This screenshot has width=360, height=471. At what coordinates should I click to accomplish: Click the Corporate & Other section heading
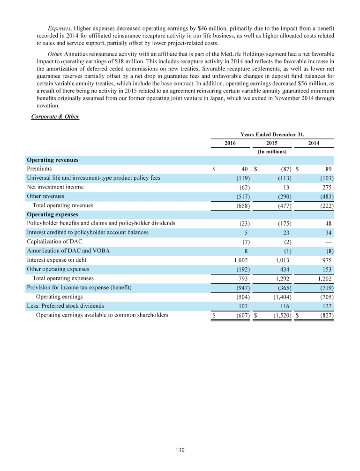[55, 117]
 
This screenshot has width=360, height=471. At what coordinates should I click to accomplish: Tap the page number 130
[180, 450]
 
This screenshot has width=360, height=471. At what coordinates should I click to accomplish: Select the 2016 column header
[231, 143]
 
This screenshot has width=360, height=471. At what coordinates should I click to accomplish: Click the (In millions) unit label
[272, 152]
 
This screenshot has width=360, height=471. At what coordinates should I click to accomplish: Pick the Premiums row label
[39, 168]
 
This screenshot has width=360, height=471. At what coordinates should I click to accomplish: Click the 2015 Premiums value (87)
[284, 169]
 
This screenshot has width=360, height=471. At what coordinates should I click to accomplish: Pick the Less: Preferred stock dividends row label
[66, 305]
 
